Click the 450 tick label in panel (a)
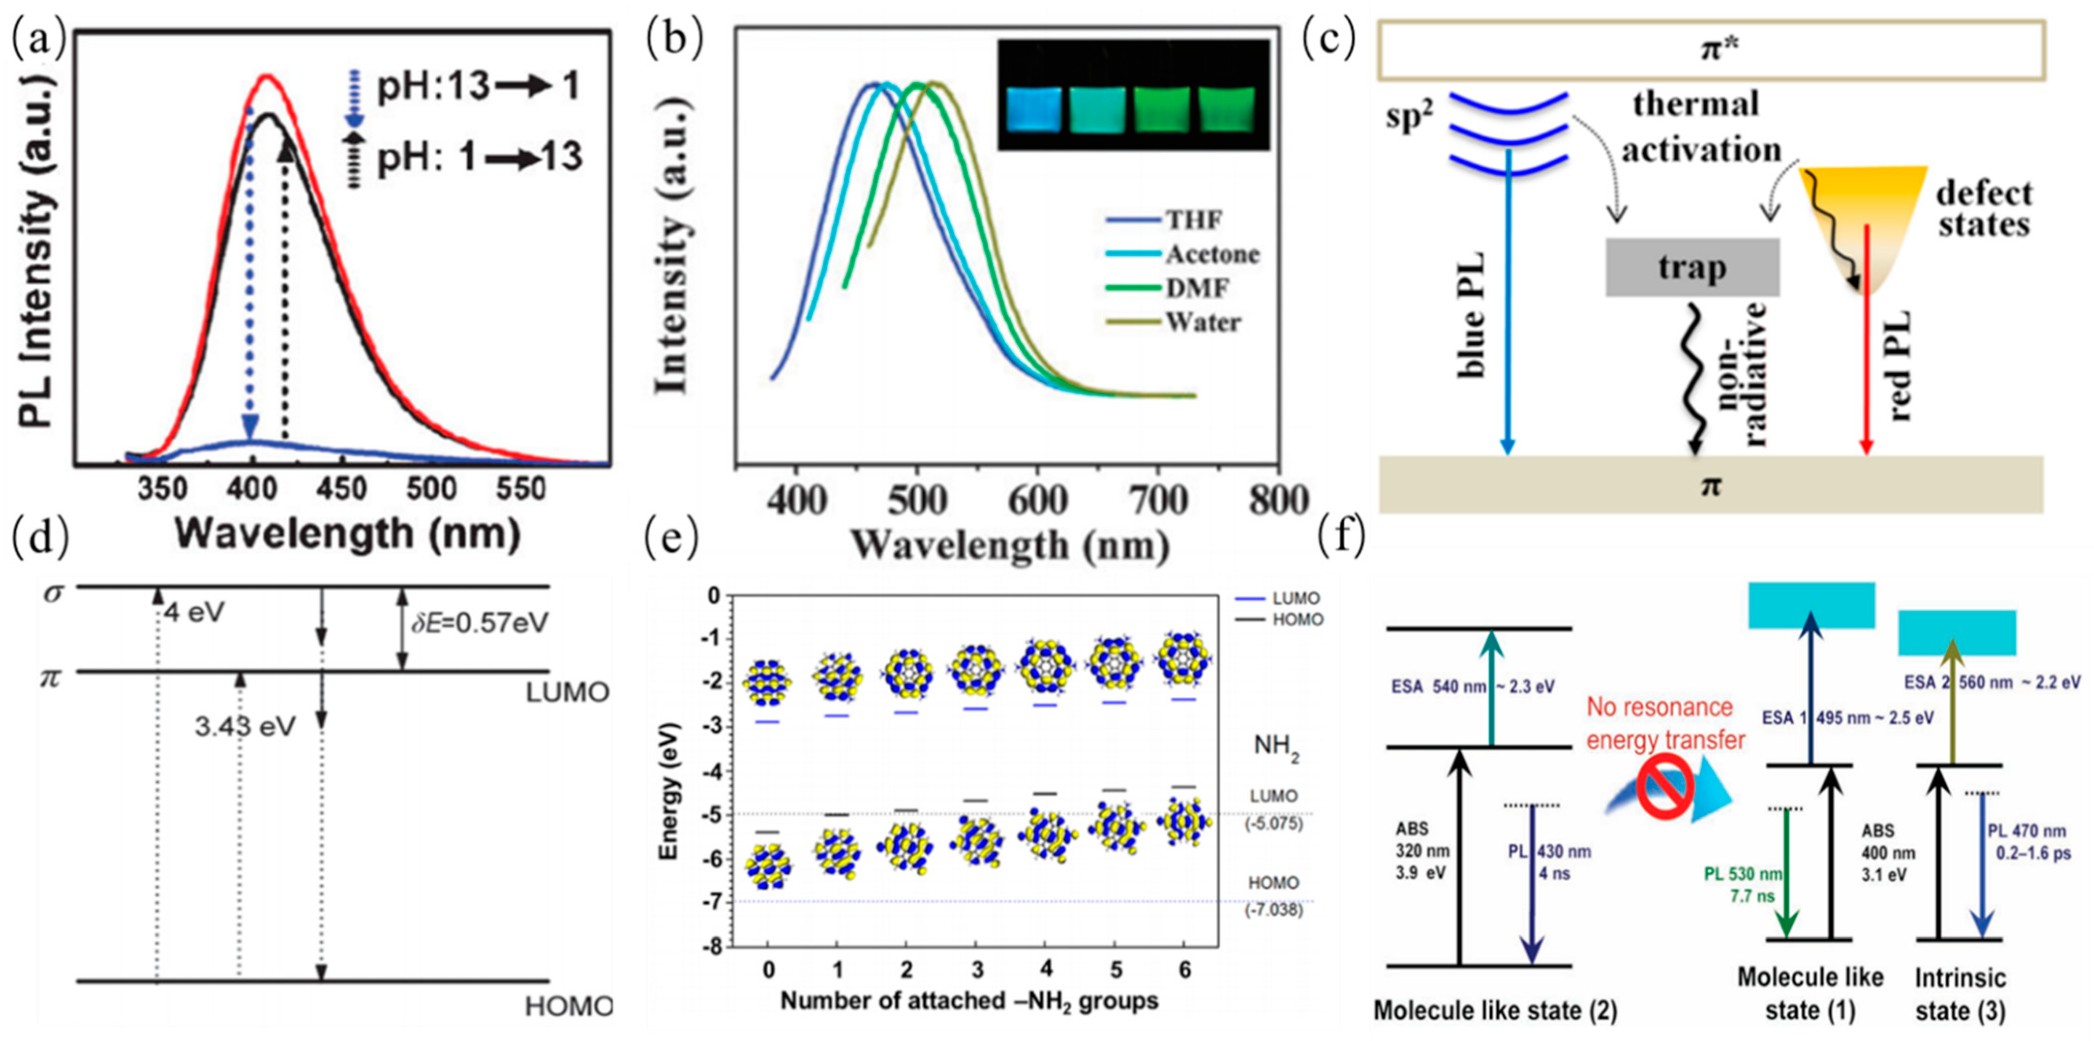(x=342, y=490)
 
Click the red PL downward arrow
(x=1867, y=341)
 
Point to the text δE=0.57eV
(x=479, y=623)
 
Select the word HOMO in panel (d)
(x=567, y=1007)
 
